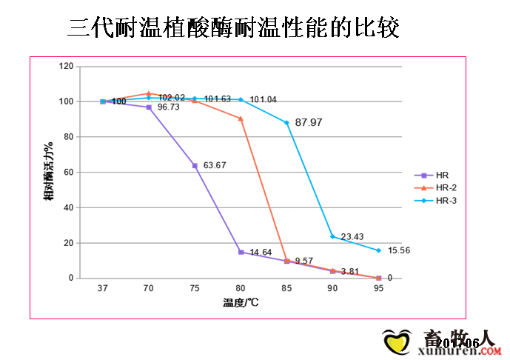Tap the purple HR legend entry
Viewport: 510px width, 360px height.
pyautogui.click(x=436, y=176)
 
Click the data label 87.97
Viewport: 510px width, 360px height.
pyautogui.click(x=308, y=121)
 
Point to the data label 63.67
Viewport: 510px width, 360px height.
pyautogui.click(x=215, y=164)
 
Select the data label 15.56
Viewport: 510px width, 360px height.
pyautogui.click(x=399, y=250)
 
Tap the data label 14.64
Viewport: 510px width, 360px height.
pyautogui.click(x=261, y=253)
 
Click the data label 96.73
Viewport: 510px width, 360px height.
pyautogui.click(x=169, y=107)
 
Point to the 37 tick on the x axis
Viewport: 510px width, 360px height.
pyautogui.click(x=103, y=289)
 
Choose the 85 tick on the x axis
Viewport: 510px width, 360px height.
pyautogui.click(x=286, y=289)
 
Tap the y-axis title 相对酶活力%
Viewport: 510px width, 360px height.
pyautogui.click(x=50, y=172)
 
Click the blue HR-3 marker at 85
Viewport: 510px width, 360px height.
pyautogui.click(x=286, y=123)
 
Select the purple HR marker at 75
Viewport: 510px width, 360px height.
pyautogui.click(x=195, y=165)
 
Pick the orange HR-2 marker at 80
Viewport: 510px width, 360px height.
pyautogui.click(x=241, y=119)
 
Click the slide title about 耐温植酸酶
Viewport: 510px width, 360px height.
pyautogui.click(x=234, y=27)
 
